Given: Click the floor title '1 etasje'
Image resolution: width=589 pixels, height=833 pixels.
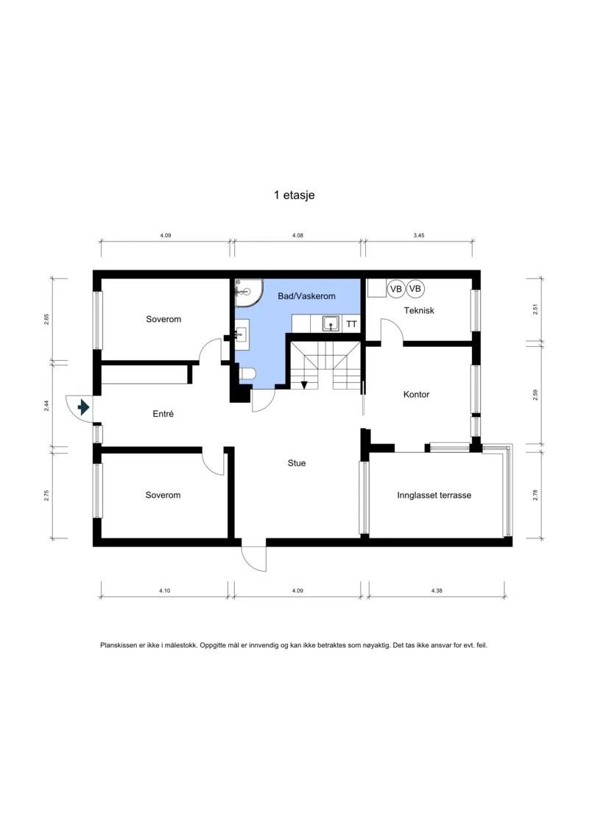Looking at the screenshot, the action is (x=294, y=195).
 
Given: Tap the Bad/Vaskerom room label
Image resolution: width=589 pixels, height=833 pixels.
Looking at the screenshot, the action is (x=306, y=296).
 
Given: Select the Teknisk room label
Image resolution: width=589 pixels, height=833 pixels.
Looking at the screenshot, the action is (x=419, y=310).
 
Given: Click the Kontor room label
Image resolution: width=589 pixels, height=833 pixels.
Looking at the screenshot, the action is (x=417, y=394).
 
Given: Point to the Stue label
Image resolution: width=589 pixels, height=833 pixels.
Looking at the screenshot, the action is (x=297, y=463).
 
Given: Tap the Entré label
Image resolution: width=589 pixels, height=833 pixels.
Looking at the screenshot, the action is (x=163, y=413).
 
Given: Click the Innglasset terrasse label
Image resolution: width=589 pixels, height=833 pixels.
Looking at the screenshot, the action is (x=434, y=495).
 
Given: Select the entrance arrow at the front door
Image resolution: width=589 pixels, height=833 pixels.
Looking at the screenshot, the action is (x=83, y=407).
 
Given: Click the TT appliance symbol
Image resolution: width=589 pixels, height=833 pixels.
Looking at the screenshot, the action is (x=352, y=323).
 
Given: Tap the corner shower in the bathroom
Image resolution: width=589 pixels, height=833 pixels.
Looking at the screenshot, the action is (x=247, y=292).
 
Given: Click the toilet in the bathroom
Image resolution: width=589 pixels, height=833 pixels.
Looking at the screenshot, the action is (x=247, y=374).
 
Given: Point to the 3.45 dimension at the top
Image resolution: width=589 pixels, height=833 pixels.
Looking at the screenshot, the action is (x=419, y=236).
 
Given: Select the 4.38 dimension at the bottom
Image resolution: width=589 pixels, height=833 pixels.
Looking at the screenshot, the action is (x=437, y=591).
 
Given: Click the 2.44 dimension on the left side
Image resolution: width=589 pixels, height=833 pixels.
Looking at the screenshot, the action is (x=46, y=405).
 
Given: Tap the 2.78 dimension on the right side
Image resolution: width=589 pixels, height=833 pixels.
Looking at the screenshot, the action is (x=535, y=495).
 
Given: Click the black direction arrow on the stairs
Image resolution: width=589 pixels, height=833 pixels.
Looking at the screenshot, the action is (x=304, y=384).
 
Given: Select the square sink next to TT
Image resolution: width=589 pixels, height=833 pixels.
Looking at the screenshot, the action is (x=331, y=323).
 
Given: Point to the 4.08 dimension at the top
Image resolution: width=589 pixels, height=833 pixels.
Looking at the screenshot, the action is (x=297, y=236).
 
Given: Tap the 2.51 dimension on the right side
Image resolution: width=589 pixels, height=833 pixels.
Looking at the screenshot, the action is (x=535, y=309).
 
